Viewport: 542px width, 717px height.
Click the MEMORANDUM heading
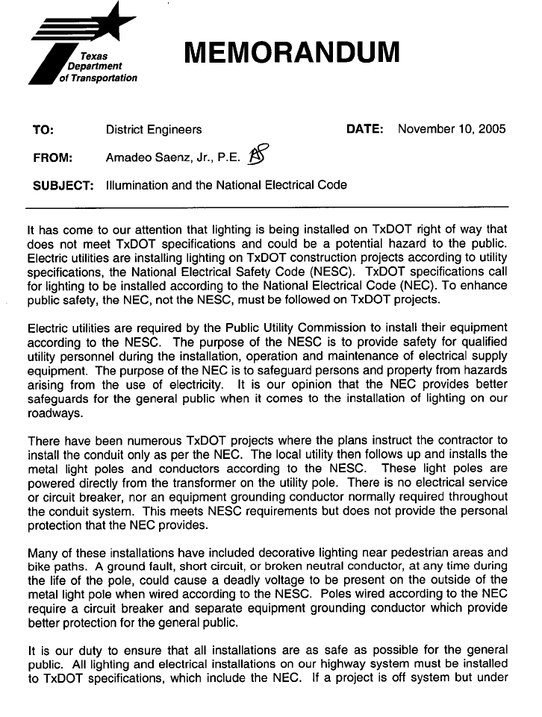[x=292, y=51]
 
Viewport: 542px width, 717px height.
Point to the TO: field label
[x=43, y=130]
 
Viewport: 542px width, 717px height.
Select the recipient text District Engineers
[x=154, y=130]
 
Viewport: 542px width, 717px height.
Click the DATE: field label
[x=365, y=129]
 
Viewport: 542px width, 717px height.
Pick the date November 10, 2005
[x=452, y=129]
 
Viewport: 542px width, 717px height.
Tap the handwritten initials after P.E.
[x=258, y=154]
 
